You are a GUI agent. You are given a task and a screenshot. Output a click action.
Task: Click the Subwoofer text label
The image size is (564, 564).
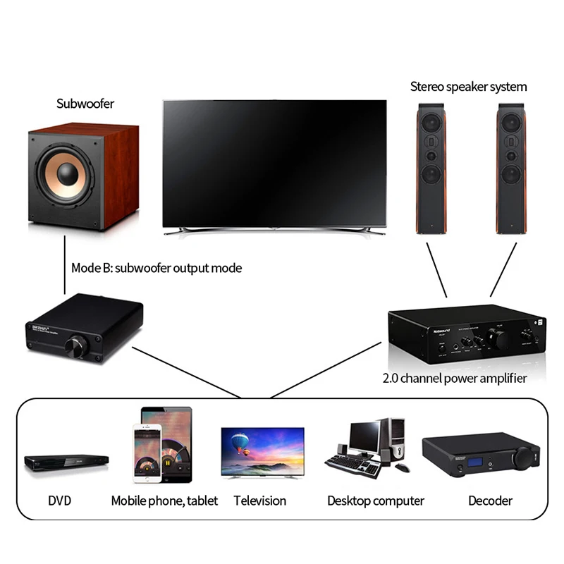85,104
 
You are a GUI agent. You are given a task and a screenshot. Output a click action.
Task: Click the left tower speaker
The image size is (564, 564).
431,169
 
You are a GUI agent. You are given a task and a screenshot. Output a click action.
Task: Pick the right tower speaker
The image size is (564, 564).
510,169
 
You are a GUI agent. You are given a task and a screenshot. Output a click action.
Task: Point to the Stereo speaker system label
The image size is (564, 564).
468,87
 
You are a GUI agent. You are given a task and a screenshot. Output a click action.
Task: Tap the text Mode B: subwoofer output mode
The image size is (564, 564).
156,268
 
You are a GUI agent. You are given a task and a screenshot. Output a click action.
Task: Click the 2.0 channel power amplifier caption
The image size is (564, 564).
454,379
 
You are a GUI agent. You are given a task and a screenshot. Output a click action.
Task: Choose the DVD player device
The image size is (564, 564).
66,462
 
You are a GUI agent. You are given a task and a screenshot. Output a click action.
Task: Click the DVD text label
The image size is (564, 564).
60,501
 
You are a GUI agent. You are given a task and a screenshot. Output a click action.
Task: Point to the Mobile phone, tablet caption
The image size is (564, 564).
164,501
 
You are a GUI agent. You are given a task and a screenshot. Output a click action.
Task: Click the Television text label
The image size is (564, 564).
260,501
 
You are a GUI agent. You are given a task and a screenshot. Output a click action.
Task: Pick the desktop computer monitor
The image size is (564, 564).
364,437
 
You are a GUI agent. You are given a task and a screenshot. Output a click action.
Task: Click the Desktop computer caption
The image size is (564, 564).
375,501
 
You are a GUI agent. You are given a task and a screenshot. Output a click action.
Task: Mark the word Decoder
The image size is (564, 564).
490,501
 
